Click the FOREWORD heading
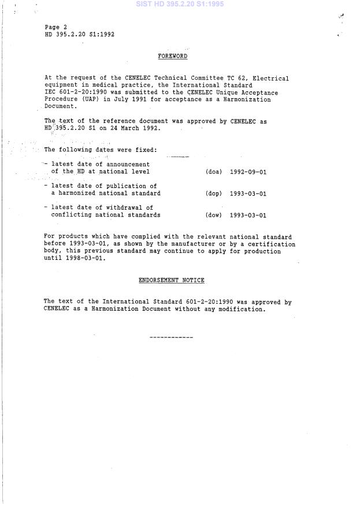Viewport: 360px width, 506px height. coord(173,56)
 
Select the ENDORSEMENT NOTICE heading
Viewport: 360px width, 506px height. coord(172,280)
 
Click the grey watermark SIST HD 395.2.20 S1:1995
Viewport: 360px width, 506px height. coord(180,4)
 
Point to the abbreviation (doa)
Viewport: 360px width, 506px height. coord(213,172)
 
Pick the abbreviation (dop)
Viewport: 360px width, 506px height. coord(213,194)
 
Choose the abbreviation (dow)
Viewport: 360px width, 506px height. coord(213,215)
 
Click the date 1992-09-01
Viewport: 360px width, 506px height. coord(248,172)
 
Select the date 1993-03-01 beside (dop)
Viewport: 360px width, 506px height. coord(248,194)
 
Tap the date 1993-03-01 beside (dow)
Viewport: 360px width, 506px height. coord(248,215)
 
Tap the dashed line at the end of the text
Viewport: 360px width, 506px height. coord(171,337)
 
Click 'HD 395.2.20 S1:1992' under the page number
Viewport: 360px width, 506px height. coord(79,34)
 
